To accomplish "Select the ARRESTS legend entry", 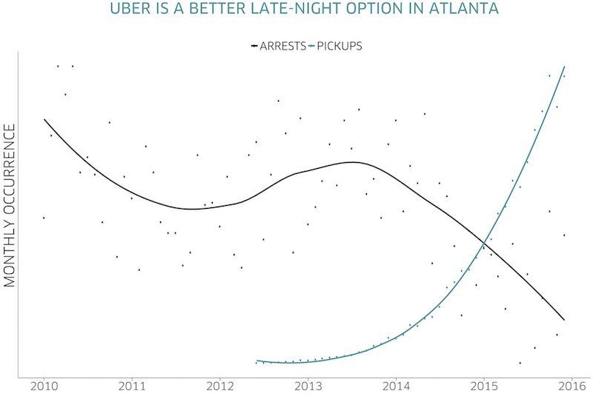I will click(x=283, y=46).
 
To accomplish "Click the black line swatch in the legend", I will click(x=254, y=46).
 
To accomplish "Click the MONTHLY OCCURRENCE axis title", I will click(x=10, y=205).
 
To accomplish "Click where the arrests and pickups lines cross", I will click(x=485, y=242).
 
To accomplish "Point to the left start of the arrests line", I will click(x=44, y=119).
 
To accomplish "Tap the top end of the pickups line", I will click(x=566, y=67).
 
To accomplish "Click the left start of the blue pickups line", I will click(x=256, y=361).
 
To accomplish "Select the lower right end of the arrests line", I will click(x=565, y=320).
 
